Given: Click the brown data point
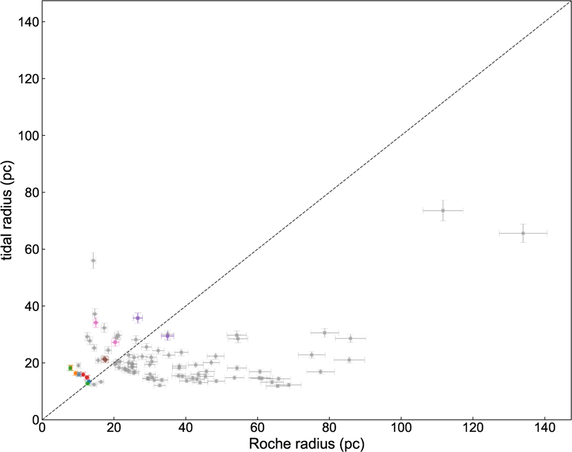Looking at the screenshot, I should click(105, 360).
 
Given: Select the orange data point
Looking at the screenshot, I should click(75, 373).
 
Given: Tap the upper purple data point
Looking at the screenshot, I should click(138, 318).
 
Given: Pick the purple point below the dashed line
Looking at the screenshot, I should click(167, 335).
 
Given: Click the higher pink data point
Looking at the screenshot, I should click(96, 322).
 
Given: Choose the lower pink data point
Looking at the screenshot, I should click(115, 342).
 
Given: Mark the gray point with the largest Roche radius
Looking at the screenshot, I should click(523, 233).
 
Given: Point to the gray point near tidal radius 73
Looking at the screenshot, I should click(443, 211).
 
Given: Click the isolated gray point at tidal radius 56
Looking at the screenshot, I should click(93, 261).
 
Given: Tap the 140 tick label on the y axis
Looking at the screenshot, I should click(28, 22).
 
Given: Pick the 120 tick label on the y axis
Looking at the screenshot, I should click(28, 79).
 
